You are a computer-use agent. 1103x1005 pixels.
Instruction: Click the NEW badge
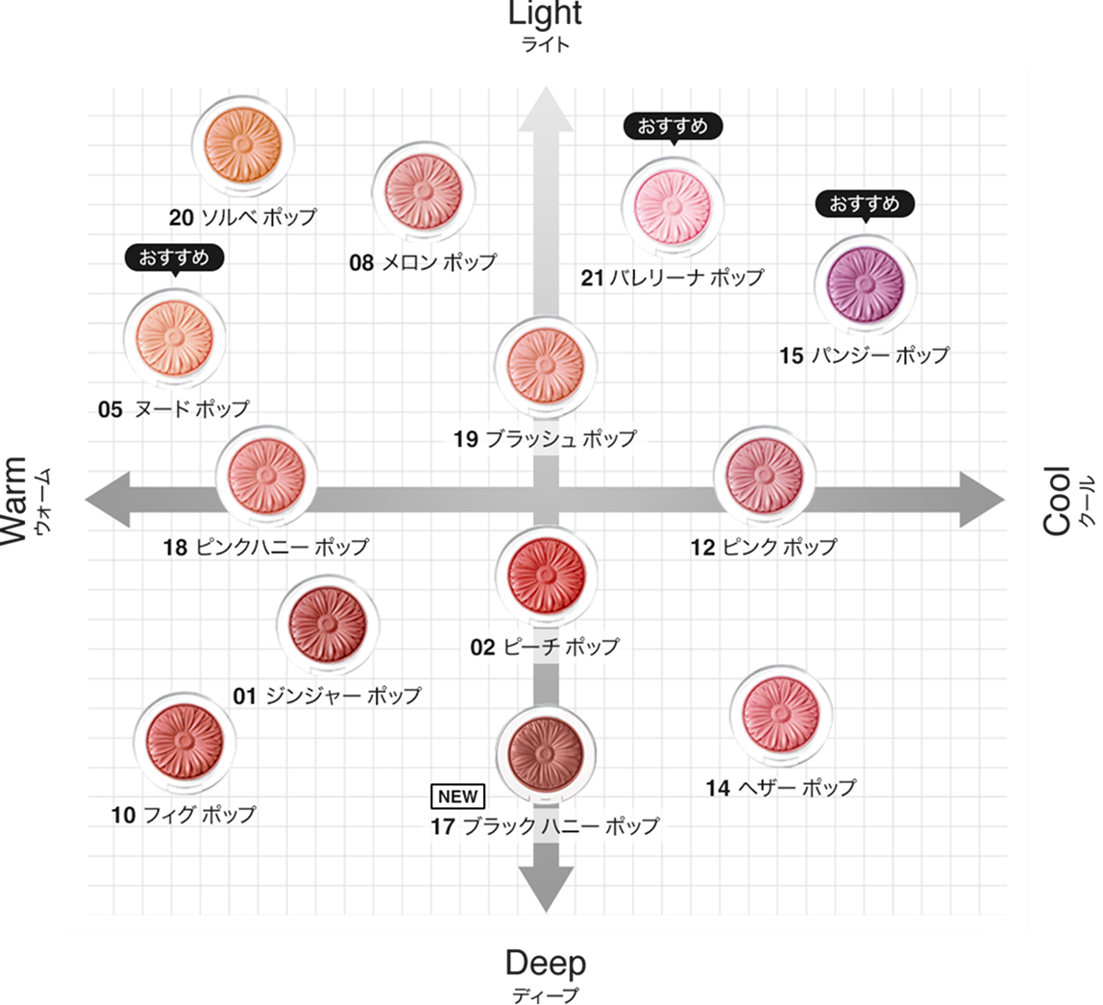click(457, 797)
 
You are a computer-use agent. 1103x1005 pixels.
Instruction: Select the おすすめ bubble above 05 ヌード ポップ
click(174, 257)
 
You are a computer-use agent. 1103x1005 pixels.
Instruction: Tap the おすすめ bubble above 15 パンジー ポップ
click(864, 204)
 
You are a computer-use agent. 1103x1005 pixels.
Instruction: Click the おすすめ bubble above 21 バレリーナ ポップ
click(672, 126)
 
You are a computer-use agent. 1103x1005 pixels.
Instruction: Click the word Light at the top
click(545, 13)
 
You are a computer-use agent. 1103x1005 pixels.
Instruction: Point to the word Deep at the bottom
click(545, 963)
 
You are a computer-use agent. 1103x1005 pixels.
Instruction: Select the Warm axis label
click(16, 500)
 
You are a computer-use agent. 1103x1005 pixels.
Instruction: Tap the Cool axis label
click(1057, 500)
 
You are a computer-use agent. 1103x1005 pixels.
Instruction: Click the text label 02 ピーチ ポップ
click(545, 647)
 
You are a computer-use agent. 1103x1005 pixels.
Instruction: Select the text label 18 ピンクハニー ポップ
click(266, 548)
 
